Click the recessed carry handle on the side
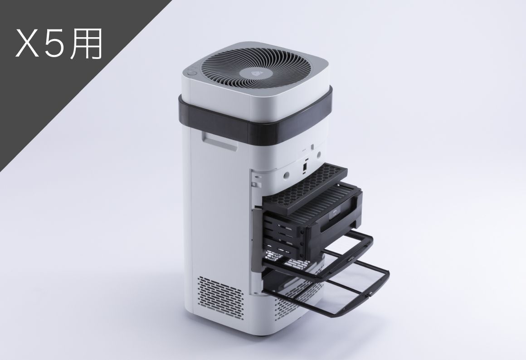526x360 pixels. point(220,140)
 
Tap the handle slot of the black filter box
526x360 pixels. point(339,225)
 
